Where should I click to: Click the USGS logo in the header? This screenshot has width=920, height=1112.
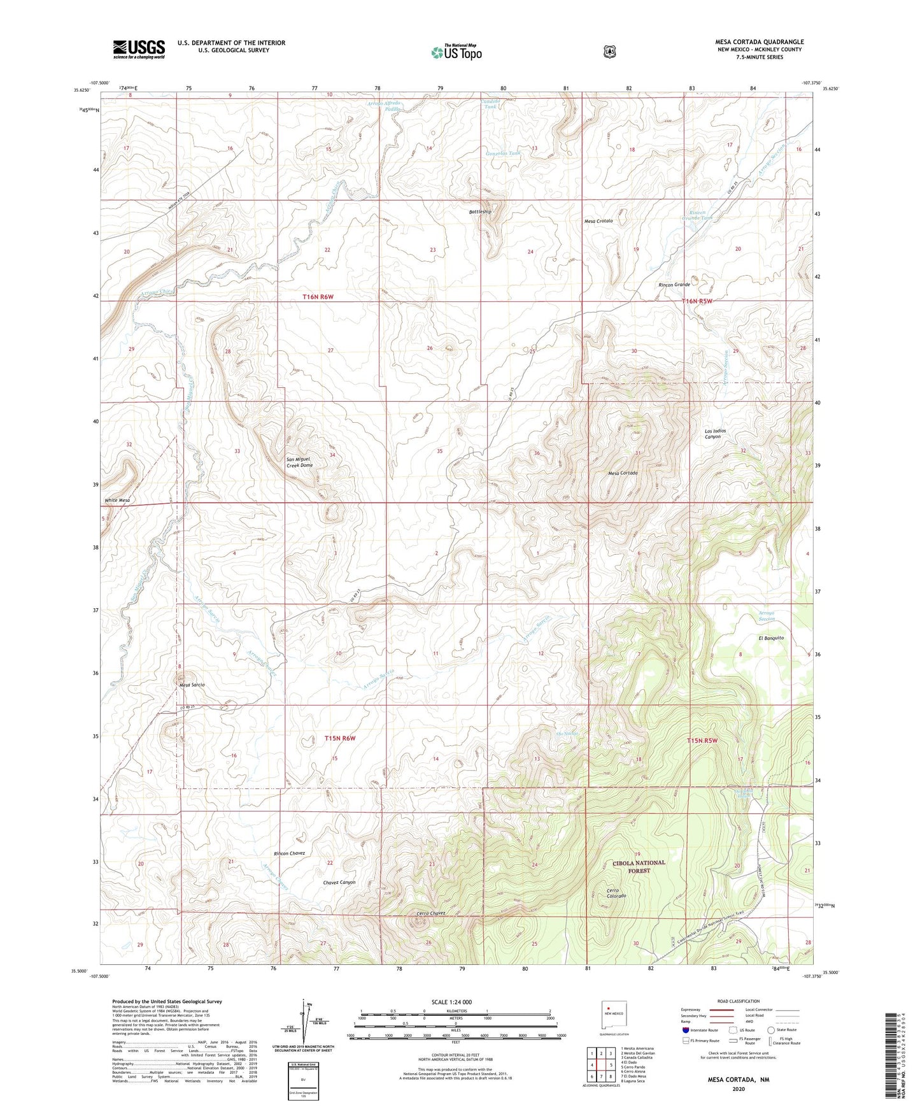(139, 48)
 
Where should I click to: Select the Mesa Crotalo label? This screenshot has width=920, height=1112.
(598, 221)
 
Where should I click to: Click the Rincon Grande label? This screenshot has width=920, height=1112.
(674, 285)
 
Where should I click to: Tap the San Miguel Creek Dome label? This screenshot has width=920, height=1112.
(299, 462)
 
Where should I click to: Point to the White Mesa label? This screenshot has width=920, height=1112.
(118, 501)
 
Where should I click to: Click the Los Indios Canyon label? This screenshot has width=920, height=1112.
(715, 434)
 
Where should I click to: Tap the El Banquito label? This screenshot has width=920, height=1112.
(770, 638)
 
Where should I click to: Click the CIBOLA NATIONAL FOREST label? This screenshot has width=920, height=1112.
(639, 866)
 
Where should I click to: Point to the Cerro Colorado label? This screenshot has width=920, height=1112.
(616, 892)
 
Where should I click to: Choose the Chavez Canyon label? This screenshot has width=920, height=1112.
(339, 882)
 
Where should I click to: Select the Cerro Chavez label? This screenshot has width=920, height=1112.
(430, 913)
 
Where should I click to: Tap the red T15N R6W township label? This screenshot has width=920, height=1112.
(339, 738)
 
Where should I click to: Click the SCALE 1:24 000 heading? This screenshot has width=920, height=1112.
(451, 1002)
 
